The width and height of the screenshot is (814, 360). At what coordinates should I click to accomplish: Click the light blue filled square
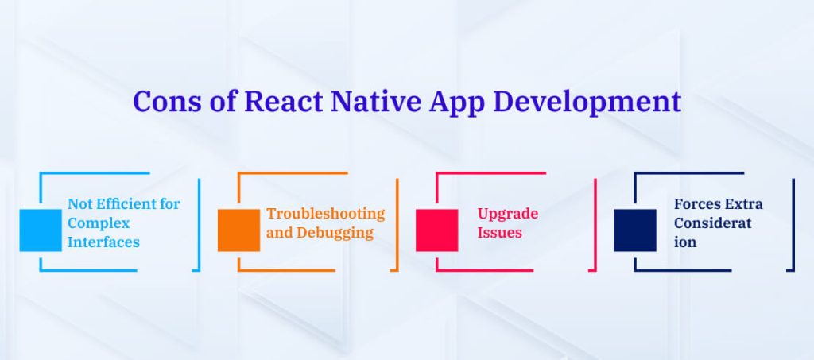click(x=41, y=230)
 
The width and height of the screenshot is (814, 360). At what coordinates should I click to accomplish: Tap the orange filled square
click(x=238, y=230)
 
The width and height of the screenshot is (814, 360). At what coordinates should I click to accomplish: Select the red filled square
click(x=436, y=230)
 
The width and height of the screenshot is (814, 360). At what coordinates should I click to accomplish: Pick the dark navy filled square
click(x=634, y=230)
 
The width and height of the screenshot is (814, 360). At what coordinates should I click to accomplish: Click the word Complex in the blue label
click(x=99, y=223)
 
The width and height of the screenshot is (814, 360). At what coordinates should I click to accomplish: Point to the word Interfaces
click(x=103, y=242)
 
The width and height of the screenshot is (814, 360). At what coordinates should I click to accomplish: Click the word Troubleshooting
click(x=325, y=213)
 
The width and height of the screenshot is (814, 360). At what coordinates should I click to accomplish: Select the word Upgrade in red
click(x=507, y=214)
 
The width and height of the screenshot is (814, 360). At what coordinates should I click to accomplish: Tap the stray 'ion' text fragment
click(x=684, y=242)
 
